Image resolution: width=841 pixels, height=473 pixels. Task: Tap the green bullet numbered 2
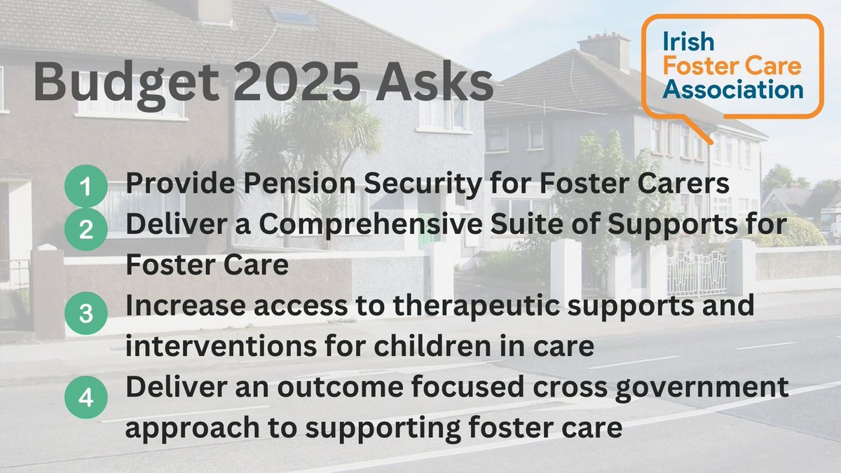85,230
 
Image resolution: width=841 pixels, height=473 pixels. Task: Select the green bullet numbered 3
85,313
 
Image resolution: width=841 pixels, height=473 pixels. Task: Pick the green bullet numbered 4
85,397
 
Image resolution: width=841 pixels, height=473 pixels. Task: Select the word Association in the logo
733,89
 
